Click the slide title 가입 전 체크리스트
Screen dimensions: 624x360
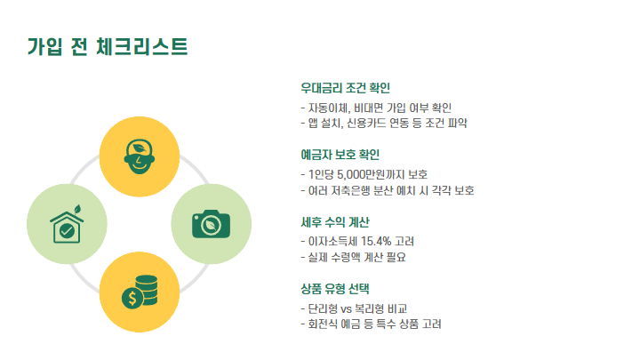click(108, 46)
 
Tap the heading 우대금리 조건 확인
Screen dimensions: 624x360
click(346, 88)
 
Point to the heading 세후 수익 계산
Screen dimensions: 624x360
click(335, 222)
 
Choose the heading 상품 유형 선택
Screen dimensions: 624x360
click(335, 289)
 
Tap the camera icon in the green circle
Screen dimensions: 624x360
click(210, 221)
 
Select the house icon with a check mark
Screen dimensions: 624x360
click(67, 223)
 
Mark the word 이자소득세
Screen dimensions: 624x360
click(329, 241)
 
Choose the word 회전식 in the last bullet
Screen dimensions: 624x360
click(324, 324)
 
